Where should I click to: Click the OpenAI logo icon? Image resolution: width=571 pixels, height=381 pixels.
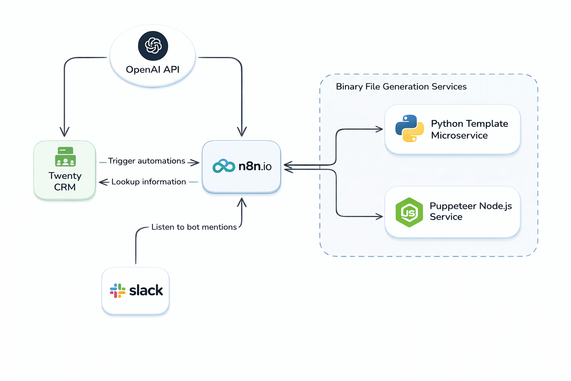coord(153,46)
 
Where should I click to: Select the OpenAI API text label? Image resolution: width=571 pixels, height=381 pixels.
coord(152,70)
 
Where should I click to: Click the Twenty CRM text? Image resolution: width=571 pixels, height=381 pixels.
coord(65,181)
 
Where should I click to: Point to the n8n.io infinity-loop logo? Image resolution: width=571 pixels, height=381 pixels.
coord(224,166)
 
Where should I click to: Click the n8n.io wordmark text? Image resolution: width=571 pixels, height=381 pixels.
coord(255,166)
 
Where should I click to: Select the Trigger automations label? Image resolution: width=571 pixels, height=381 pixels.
coord(146,161)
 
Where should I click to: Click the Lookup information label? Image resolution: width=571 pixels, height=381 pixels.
coord(148,182)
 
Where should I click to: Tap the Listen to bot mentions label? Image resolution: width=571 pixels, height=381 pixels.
coord(194,227)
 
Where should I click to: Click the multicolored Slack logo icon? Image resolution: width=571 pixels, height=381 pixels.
coord(117,291)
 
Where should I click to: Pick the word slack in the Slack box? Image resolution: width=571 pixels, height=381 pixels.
coord(146,291)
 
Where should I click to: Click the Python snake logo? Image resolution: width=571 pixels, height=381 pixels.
coord(409,128)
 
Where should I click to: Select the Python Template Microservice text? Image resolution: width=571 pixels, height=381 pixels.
coord(469,129)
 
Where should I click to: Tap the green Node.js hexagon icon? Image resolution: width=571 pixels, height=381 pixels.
coord(409,212)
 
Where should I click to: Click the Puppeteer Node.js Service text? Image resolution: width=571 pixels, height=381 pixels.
coord(470,211)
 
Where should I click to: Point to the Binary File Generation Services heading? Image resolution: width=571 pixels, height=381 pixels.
coord(401,87)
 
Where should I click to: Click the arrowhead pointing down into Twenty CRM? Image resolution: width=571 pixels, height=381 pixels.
coord(65,132)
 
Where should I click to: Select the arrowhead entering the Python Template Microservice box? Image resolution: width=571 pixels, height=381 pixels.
coord(380,129)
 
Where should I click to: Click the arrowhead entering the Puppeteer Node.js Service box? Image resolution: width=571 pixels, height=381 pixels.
coord(380,216)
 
